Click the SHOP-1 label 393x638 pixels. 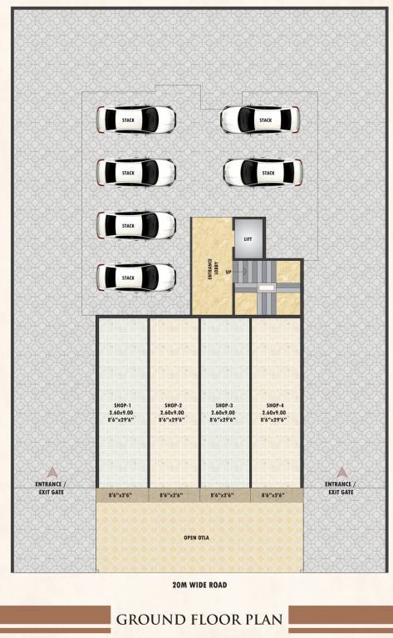point(123,405)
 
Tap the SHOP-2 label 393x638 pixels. point(173,405)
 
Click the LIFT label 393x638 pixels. point(248,238)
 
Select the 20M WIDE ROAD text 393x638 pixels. point(196,585)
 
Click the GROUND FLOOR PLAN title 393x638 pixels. point(199,619)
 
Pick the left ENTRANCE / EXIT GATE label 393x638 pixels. point(51,488)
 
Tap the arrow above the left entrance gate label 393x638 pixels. point(52,471)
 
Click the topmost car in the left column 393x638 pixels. point(136,120)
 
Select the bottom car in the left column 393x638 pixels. point(135,277)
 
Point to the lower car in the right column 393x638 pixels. point(263,173)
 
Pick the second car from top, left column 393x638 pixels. point(136,172)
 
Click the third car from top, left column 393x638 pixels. point(136,225)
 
